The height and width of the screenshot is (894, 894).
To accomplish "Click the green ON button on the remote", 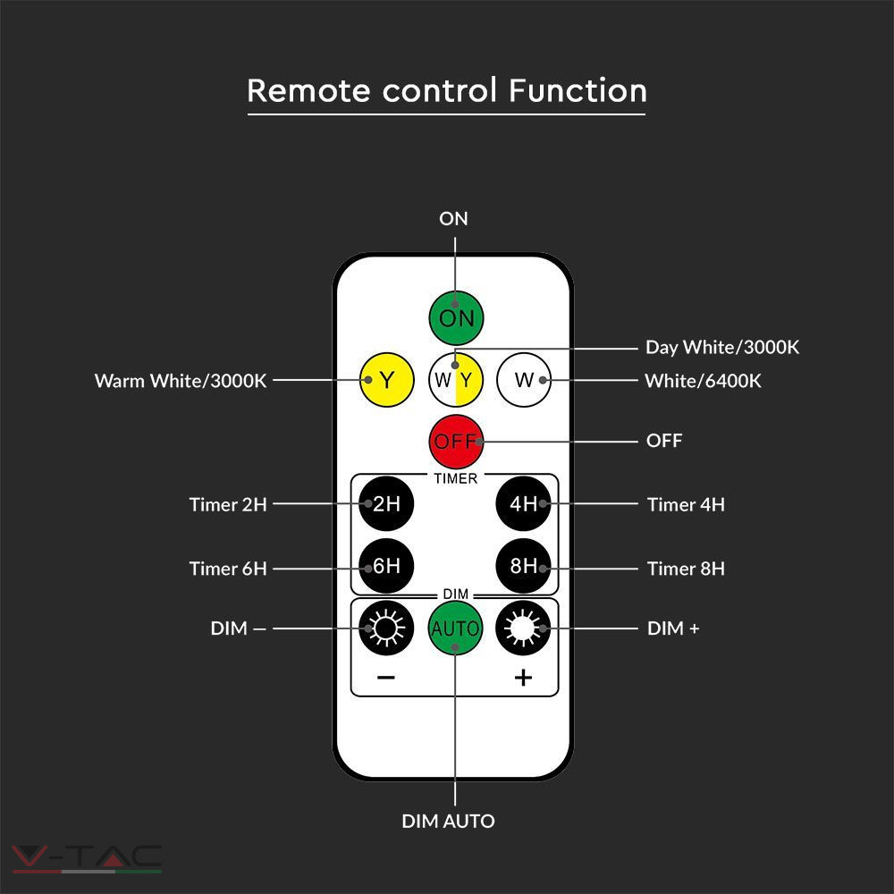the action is [456, 318].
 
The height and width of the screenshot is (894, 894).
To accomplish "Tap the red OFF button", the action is [456, 442].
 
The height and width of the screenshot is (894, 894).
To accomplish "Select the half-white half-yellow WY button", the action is [456, 380].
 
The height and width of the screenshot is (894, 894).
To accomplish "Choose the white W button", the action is [524, 380].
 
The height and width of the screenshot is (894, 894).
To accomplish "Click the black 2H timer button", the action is [386, 503].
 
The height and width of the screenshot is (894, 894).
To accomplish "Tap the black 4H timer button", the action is [523, 503].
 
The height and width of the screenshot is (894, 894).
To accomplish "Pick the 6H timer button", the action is [386, 566].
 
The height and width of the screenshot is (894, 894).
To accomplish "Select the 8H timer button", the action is [523, 566].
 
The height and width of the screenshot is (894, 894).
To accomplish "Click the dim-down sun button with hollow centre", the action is [386, 628].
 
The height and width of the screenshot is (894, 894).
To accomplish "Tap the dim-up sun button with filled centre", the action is [523, 628].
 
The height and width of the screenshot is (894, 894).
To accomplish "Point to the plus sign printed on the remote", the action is [523, 678].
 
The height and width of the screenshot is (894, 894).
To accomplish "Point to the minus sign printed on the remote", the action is [386, 678].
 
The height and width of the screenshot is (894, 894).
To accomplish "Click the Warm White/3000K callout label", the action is [181, 381].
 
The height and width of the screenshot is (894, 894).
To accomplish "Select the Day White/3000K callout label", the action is [722, 347].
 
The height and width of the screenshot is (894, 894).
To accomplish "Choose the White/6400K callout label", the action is [703, 381].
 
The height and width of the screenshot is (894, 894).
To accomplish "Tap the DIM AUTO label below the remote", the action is [448, 821].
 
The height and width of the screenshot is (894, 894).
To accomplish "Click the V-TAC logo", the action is [87, 858].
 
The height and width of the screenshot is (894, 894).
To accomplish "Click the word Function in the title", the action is [578, 90].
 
